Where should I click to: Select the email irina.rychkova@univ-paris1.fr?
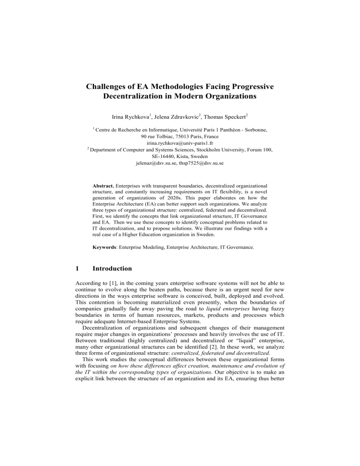[180, 142]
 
